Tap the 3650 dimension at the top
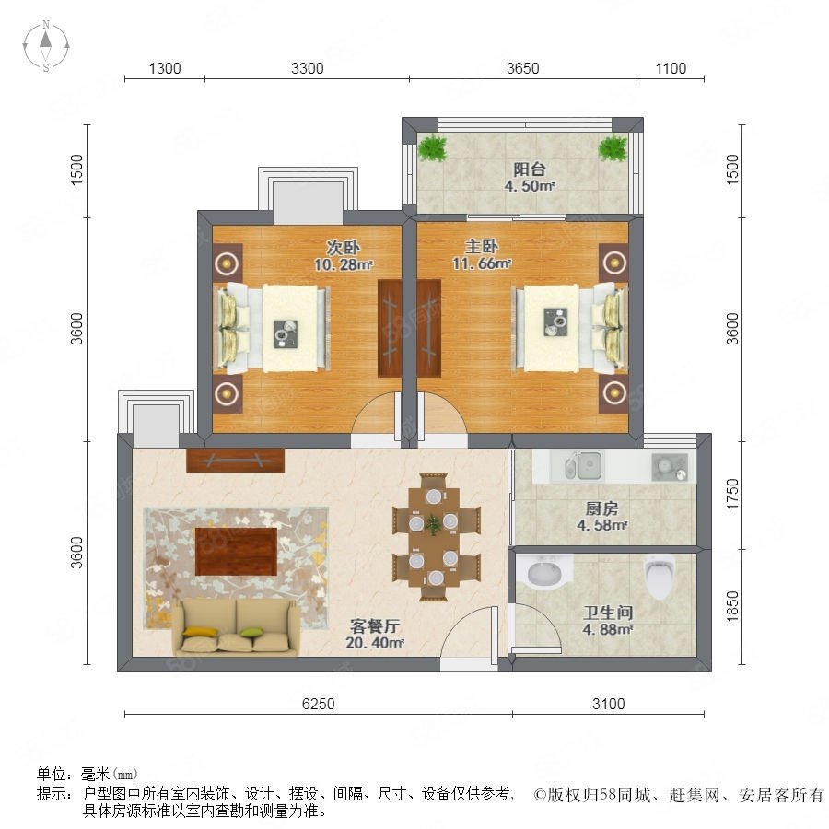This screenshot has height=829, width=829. pos(522,68)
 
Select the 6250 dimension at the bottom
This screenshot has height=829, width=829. pos(319,704)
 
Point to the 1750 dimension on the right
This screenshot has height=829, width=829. pos(732,495)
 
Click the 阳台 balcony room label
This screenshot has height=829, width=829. pos(530,169)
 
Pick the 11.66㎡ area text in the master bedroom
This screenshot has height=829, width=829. pos(481,263)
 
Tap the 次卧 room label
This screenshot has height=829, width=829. pos(343,247)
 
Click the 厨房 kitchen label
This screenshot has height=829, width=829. pos(601,508)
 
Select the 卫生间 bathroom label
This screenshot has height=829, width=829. pos(608,613)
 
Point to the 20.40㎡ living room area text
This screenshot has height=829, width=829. pos(374,643)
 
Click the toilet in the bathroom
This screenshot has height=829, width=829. pos(660,577)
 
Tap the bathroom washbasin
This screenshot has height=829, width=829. pos(544,572)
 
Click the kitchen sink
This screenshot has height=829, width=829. pos(583,466)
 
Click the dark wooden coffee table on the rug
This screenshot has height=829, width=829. pos(237,552)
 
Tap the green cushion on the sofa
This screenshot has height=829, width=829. pos(251,631)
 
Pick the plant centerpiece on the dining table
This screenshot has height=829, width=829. pos(434,525)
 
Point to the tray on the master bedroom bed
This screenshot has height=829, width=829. pos(555,322)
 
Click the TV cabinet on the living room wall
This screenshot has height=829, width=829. pos(235,461)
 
